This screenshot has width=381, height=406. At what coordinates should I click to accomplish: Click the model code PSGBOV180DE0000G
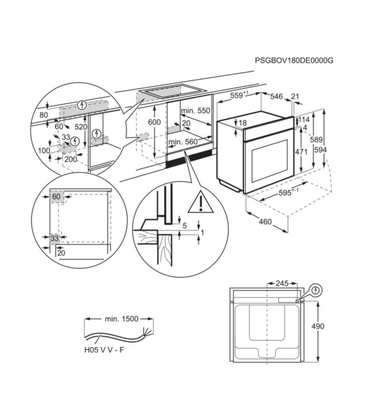[x=294, y=61]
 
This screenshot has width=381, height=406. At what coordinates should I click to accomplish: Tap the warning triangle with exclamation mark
[x=201, y=202]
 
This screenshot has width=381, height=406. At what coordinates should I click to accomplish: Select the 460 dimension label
[x=265, y=222]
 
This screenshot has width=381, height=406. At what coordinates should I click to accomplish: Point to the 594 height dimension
[x=321, y=150]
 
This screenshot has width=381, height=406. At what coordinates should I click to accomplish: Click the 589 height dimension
[x=316, y=140]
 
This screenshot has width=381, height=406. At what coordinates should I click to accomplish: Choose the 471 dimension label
[x=301, y=152]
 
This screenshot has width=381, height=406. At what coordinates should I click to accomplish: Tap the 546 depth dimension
[x=276, y=97]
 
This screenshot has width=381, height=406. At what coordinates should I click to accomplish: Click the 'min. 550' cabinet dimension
[x=196, y=110]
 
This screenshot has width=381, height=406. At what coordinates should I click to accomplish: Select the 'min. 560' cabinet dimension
[x=183, y=142]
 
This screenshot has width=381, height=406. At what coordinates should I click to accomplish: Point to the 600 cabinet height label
[x=154, y=122]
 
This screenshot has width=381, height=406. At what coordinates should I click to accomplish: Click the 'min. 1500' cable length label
[x=121, y=319]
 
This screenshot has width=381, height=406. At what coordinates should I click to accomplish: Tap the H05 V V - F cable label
[x=104, y=350]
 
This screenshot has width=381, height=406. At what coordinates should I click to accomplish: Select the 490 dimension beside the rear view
[x=317, y=326]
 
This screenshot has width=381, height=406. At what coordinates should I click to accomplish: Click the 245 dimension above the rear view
[x=282, y=283]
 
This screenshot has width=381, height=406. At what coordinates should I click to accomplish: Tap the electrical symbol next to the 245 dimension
[x=315, y=290]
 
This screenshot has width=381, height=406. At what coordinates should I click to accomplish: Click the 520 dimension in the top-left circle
[x=81, y=127]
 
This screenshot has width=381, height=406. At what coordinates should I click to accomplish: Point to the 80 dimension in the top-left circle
[x=44, y=115]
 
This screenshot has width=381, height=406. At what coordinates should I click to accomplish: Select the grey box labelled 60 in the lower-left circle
[x=56, y=197]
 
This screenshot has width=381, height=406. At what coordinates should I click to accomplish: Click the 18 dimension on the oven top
[x=243, y=123]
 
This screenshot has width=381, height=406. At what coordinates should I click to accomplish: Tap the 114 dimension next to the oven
[x=304, y=119]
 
